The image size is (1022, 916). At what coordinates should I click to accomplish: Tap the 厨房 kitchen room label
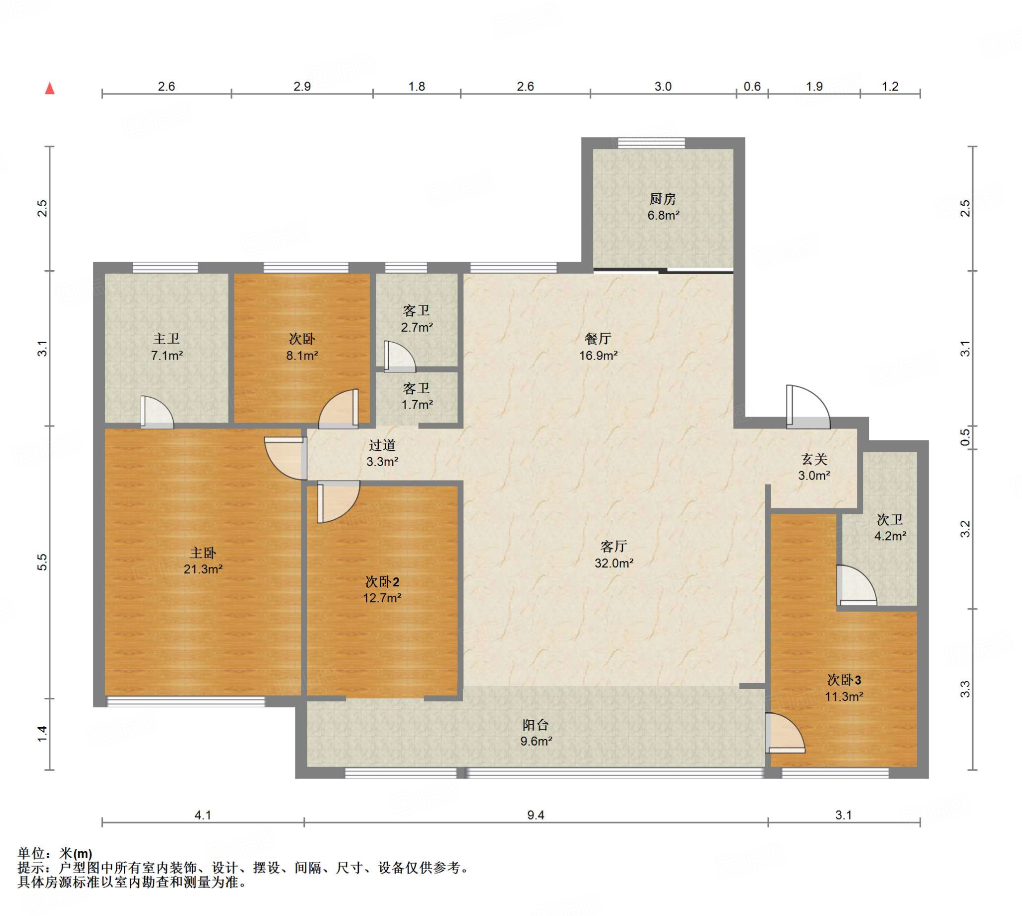(662, 199)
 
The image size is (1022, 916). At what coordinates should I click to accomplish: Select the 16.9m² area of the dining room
(598, 355)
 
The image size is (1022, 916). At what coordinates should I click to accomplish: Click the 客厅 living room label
(614, 546)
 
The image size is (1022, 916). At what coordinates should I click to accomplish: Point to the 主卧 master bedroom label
(203, 553)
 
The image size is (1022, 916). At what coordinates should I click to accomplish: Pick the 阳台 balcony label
(535, 725)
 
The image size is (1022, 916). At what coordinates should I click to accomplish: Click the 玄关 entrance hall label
(814, 458)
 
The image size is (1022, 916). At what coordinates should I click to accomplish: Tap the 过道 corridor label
(382, 445)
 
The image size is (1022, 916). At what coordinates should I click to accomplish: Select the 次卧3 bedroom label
(844, 680)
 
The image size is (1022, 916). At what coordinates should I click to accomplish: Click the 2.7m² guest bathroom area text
(417, 327)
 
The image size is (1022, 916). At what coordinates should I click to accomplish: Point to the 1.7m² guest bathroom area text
(417, 404)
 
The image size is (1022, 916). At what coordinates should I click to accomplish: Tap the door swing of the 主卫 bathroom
(157, 412)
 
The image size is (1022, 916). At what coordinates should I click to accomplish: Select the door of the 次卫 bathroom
(856, 585)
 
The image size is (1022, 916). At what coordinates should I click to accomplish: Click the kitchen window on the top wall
(651, 143)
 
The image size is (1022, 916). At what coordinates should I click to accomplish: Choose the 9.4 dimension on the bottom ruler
(535, 815)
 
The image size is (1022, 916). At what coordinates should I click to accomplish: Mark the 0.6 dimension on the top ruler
(752, 86)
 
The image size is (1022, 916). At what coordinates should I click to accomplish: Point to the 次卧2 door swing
(338, 502)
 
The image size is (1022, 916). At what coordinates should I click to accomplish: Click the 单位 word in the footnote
(31, 854)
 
